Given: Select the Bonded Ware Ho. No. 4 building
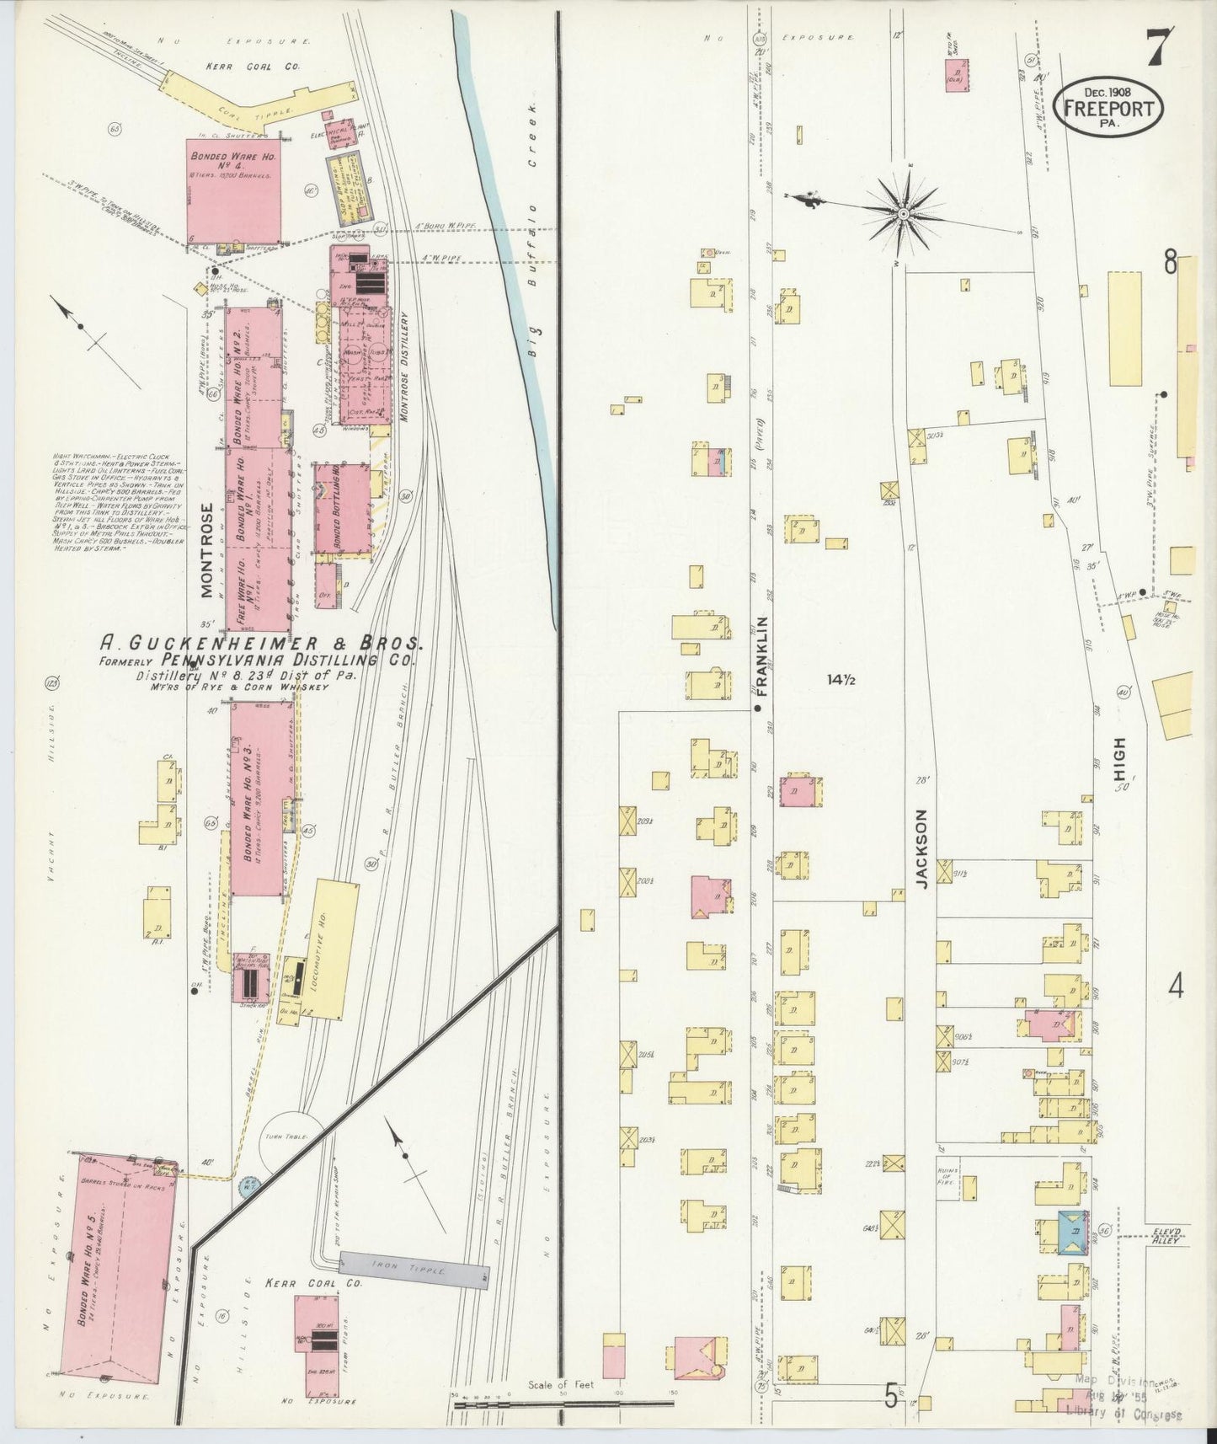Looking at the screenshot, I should point(233,191).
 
